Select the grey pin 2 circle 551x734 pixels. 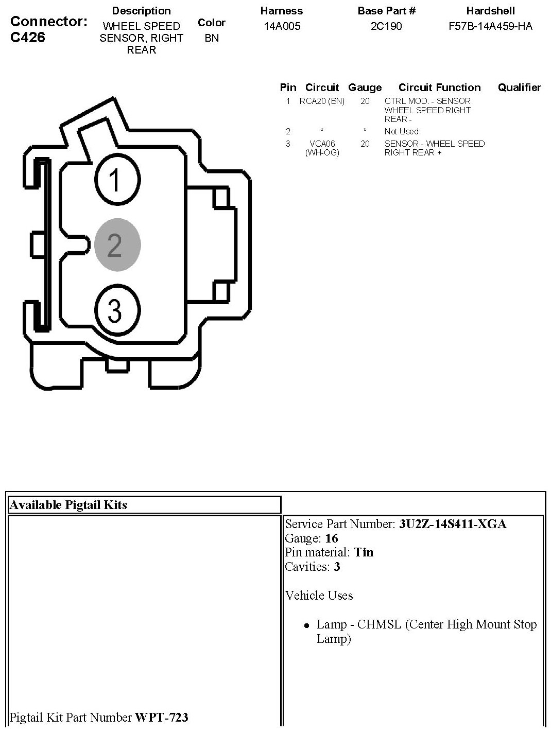(117, 245)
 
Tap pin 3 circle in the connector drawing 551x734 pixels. (117, 310)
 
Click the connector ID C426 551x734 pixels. (27, 37)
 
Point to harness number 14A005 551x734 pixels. (282, 26)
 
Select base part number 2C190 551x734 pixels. (386, 26)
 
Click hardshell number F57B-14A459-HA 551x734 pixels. (490, 26)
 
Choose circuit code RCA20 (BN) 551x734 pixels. (322, 101)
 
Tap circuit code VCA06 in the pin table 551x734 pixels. (322, 144)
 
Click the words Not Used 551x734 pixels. (402, 131)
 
